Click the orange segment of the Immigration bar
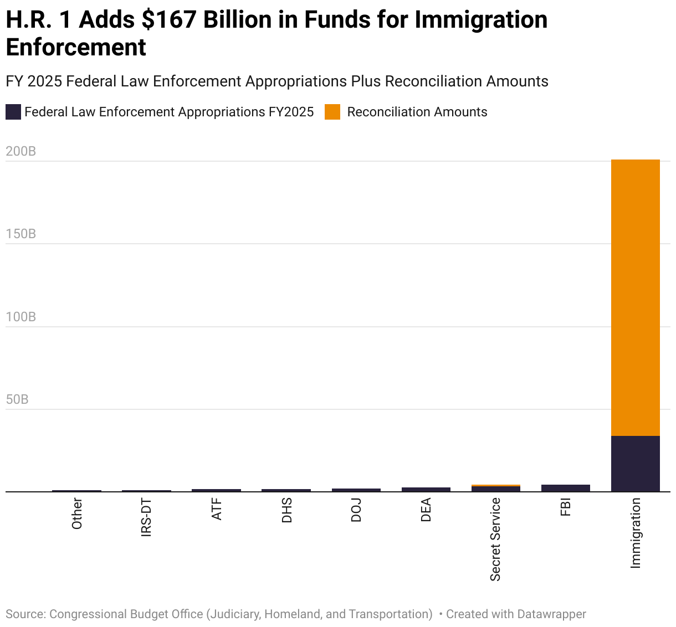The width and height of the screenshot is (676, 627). coord(635,297)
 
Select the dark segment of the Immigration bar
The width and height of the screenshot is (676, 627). coord(635,463)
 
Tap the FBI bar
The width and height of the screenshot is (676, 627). coord(565,488)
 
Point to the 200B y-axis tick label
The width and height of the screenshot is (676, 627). coord(21,151)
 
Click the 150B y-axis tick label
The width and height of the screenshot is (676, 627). coord(21,234)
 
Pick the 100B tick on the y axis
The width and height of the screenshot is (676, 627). coord(21,317)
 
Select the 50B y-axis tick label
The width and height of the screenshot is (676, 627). coord(17,399)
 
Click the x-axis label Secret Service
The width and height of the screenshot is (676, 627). coord(495,539)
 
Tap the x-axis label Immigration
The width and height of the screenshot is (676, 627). coord(636,532)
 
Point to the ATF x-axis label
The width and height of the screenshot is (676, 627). coord(217,509)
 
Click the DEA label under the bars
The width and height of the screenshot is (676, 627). coord(426,510)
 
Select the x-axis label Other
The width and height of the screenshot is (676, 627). coord(77,513)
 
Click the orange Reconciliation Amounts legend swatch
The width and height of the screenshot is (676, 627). coord(332,112)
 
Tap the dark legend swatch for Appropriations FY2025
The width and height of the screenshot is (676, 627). coord(13,112)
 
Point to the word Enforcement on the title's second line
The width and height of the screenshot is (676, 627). coord(76,47)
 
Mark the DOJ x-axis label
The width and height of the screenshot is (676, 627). coord(356,510)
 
